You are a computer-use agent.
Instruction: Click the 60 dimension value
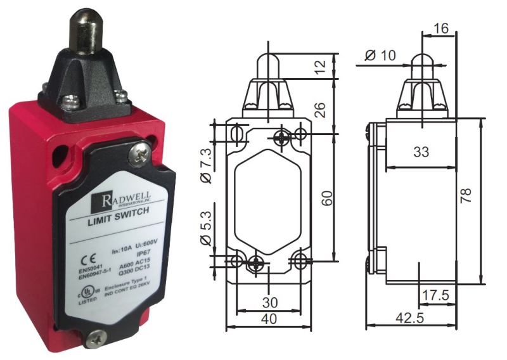click(327, 197)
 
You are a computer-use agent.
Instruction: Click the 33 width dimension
click(421, 152)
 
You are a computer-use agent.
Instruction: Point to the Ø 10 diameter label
click(382, 56)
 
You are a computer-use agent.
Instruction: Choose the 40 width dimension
click(269, 319)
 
